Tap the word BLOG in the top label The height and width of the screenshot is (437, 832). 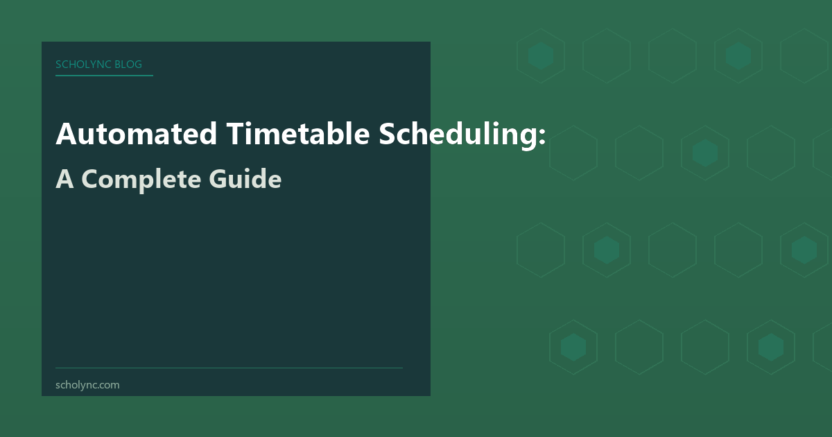pos(129,65)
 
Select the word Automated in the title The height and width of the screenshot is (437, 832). pos(137,134)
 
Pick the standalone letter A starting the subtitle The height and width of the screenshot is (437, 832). pos(64,179)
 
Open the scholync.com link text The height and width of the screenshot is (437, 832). pos(87,384)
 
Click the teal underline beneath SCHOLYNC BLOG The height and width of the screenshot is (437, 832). pos(104,75)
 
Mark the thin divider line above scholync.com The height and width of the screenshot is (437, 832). pos(229,368)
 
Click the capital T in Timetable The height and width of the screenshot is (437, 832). pos(233,134)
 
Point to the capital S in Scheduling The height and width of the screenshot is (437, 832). pos(388,134)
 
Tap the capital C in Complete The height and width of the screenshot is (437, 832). pos(91,179)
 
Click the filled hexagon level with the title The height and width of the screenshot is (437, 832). pos(705,153)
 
